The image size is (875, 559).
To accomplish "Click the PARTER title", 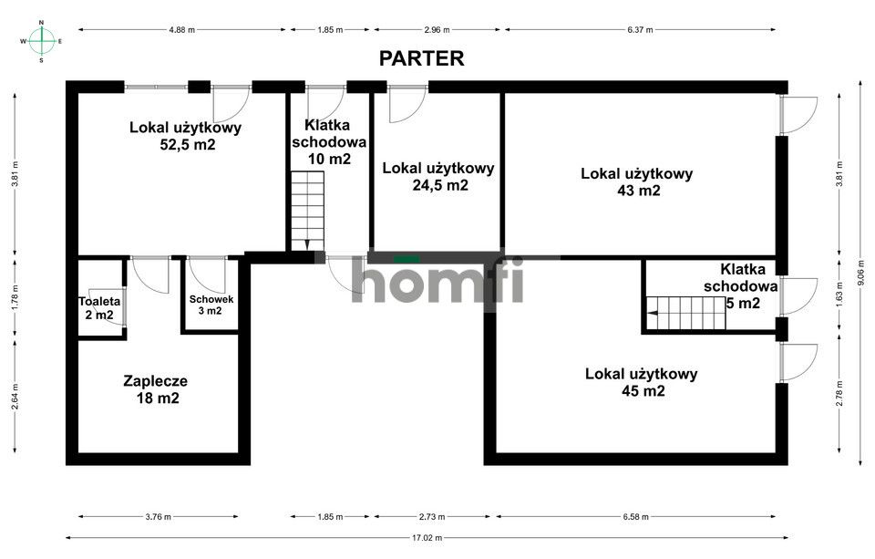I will click(422, 58).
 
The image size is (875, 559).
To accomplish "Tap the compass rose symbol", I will click(41, 40).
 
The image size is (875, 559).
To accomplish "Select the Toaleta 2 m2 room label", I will click(96, 308).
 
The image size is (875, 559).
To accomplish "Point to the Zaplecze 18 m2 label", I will click(155, 389).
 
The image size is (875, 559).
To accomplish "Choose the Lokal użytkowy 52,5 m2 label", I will click(185, 136).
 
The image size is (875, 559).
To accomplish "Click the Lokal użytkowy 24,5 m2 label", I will click(437, 176).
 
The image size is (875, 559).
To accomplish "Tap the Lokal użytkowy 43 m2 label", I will click(637, 181).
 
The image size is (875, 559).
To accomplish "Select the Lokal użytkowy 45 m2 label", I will click(641, 382).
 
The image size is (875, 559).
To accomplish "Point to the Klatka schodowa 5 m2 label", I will click(737, 285).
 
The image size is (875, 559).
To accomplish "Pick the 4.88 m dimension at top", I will click(181, 30).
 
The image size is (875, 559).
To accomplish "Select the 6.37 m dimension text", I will click(639, 30).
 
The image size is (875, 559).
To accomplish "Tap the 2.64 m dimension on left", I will click(15, 394).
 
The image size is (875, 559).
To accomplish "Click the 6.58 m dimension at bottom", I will click(637, 517).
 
